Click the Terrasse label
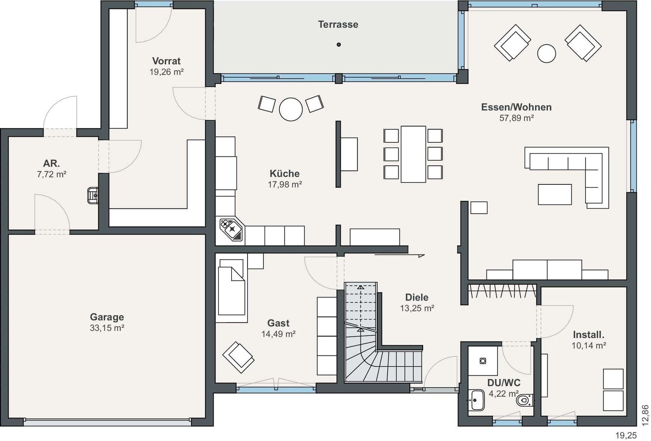pyautogui.click(x=338, y=25)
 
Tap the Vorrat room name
pyautogui.click(x=166, y=61)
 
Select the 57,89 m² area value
pyautogui.click(x=516, y=118)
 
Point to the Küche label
pyautogui.click(x=284, y=173)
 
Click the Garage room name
pyautogui.click(x=107, y=317)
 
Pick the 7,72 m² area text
pyautogui.click(x=51, y=175)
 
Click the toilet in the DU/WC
pyautogui.click(x=525, y=400)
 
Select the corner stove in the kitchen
pyautogui.click(x=231, y=229)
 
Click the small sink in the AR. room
pyautogui.click(x=93, y=195)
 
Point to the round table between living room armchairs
pyautogui.click(x=547, y=53)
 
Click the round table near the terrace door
pyautogui.click(x=291, y=109)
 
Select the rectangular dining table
pyautogui.click(x=413, y=154)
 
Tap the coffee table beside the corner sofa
pyautogui.click(x=555, y=195)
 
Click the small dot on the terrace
pyautogui.click(x=339, y=45)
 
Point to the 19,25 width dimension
pyautogui.click(x=626, y=435)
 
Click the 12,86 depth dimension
pyautogui.click(x=645, y=415)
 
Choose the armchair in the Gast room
pyautogui.click(x=238, y=357)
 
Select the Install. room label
pyautogui.click(x=589, y=335)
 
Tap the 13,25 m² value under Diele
pyautogui.click(x=417, y=309)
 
